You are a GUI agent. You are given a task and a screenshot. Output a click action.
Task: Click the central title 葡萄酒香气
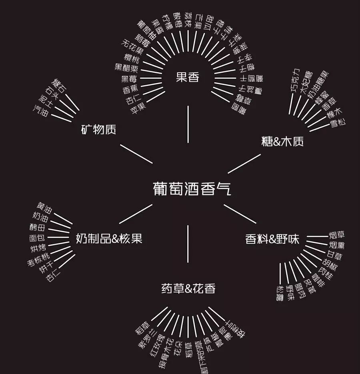pos(192,189)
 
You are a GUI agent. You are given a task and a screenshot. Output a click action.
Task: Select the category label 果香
pos(188,77)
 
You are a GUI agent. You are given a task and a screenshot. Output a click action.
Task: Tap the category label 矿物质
pos(98,129)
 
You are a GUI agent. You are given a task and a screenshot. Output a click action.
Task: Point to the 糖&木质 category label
pos(282,141)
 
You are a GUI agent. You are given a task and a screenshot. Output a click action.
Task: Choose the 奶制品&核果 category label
pos(109,239)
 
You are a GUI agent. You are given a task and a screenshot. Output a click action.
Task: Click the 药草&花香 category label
pos(188,288)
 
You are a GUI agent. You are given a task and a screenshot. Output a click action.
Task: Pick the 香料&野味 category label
pos(272,239)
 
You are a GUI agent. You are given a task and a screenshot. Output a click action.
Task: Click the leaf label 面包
pos(37,238)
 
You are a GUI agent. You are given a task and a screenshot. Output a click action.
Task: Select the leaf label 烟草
pos(336,235)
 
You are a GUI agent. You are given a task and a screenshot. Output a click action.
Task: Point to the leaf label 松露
pos(280,293)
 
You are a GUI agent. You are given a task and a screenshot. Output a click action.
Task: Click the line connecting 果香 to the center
pos(188,124)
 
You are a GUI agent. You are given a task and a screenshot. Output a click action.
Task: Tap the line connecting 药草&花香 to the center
pos(188,244)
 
